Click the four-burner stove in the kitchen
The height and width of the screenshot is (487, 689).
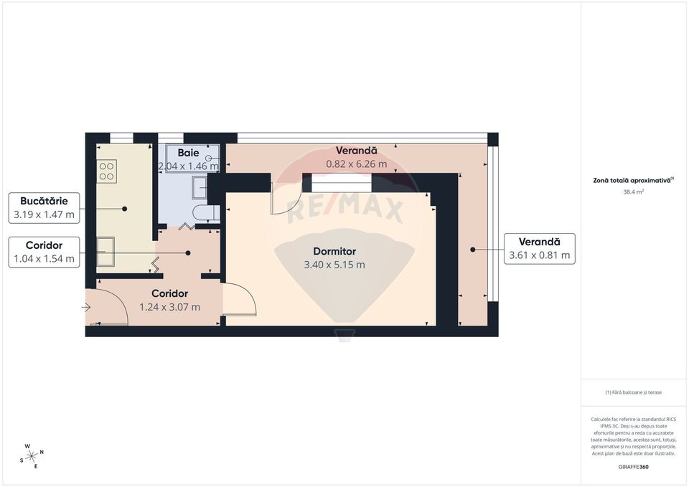[x=106, y=170]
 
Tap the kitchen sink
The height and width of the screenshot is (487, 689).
[x=105, y=246]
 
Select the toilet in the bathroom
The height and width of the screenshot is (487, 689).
[x=207, y=213]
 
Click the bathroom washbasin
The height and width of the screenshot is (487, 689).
[x=199, y=188]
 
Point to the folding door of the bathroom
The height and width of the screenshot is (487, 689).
[x=187, y=227]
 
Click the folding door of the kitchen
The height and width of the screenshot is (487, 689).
[x=156, y=265]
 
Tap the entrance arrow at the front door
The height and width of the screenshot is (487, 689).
[x=86, y=308]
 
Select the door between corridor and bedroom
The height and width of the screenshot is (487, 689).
[x=239, y=299]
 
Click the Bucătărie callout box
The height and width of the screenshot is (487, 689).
[x=44, y=207]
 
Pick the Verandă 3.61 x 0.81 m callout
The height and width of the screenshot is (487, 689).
[x=539, y=248]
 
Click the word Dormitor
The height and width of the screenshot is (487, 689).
[x=334, y=252]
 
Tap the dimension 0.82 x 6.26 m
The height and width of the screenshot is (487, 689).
[x=357, y=164]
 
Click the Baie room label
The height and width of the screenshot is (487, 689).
[x=188, y=153]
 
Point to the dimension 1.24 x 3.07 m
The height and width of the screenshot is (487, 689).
[x=170, y=307]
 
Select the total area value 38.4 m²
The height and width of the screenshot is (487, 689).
[x=633, y=192]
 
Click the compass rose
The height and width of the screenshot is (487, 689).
[x=32, y=456]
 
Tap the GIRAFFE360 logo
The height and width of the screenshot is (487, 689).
[x=633, y=467]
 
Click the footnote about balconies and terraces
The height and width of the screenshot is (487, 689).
[x=633, y=392]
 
